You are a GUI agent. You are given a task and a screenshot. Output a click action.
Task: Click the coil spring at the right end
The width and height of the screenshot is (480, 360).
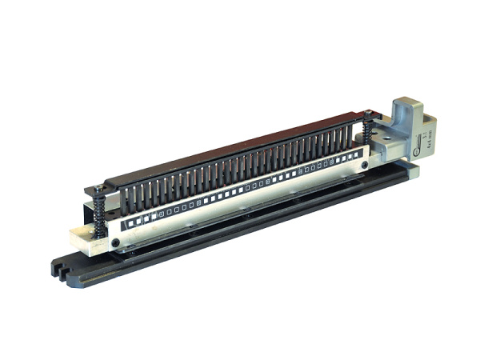pyautogui.click(x=367, y=131)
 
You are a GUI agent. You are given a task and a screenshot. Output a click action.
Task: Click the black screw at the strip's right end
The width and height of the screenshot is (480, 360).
pyautogui.click(x=364, y=166)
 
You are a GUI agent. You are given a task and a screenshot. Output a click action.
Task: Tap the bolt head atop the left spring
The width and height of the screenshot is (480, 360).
pyautogui.click(x=98, y=190)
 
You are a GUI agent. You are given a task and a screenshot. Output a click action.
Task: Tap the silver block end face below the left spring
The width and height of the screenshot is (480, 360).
pyautogui.click(x=82, y=240)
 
